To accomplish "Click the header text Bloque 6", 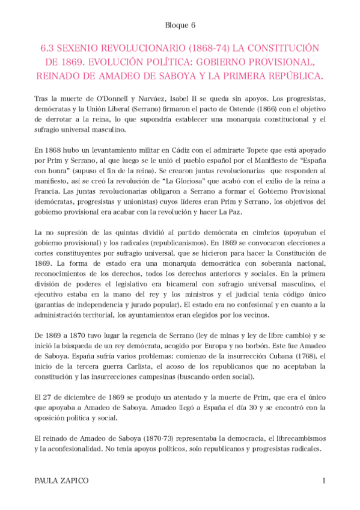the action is tap(180, 25).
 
